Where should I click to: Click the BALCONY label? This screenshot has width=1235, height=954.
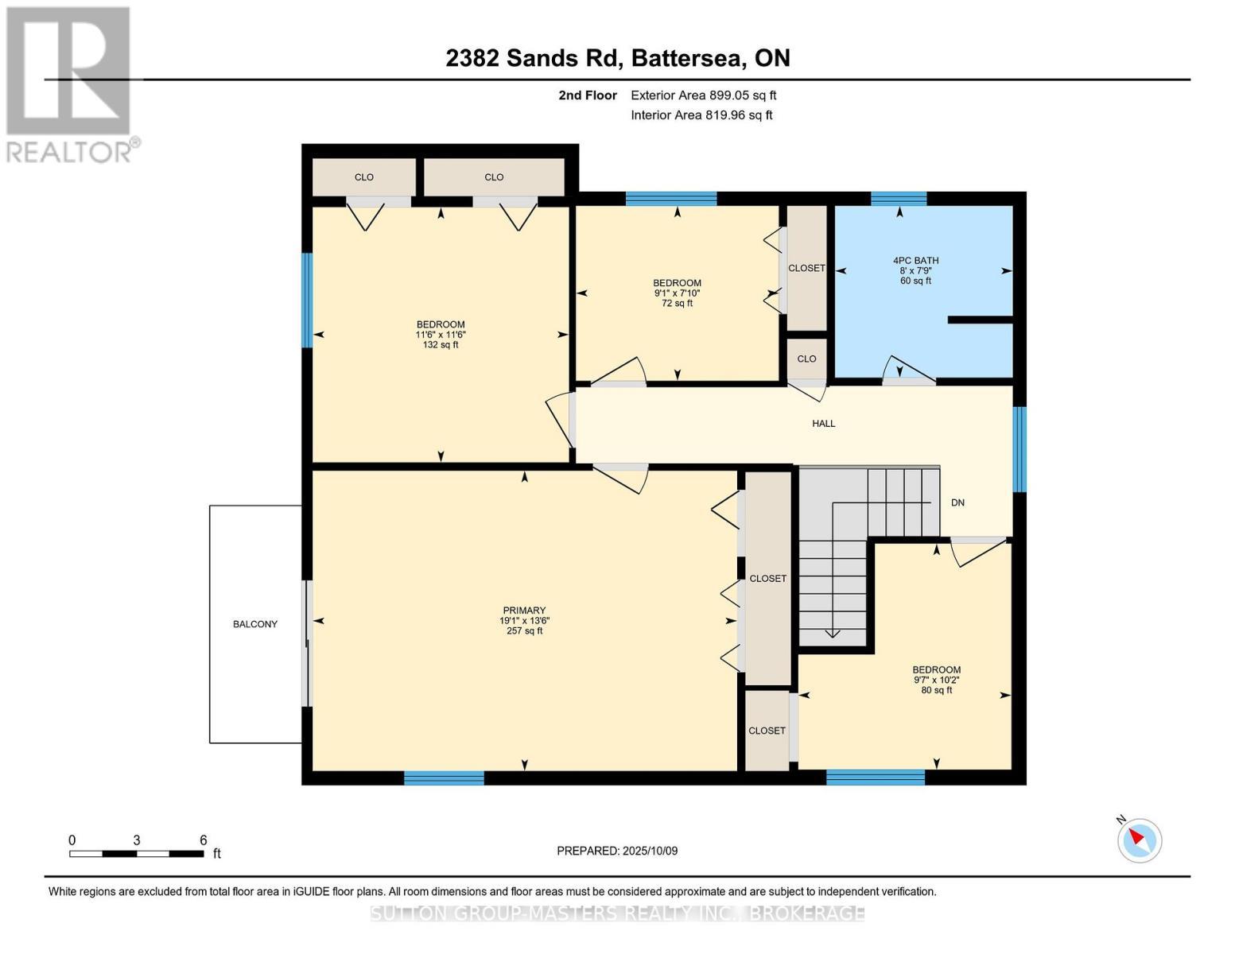tap(255, 624)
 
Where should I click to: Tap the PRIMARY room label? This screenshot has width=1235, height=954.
tap(523, 611)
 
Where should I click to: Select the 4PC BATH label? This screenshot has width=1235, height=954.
tap(915, 260)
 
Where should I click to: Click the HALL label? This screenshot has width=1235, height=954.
tap(823, 424)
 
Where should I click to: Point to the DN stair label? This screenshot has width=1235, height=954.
tap(957, 502)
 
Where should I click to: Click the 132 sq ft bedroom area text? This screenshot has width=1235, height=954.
tap(441, 345)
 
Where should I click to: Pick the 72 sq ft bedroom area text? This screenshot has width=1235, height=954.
tap(677, 303)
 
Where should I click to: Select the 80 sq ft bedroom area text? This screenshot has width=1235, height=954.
tap(936, 690)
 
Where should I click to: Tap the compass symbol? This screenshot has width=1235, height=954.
tap(1140, 840)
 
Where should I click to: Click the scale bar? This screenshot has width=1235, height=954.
tap(136, 854)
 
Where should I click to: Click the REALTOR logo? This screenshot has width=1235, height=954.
tap(70, 83)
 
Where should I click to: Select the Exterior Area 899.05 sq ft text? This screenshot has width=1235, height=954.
tap(703, 95)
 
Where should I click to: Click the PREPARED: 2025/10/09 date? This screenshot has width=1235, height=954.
tap(617, 851)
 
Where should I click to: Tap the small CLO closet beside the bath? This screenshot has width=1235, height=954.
tap(806, 359)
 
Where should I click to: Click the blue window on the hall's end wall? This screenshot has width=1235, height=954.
tap(1019, 449)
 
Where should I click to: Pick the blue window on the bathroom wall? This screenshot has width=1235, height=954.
tap(899, 199)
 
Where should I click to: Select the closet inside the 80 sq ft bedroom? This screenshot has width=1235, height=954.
tap(767, 731)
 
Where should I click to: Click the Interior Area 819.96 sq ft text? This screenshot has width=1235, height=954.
tap(701, 115)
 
